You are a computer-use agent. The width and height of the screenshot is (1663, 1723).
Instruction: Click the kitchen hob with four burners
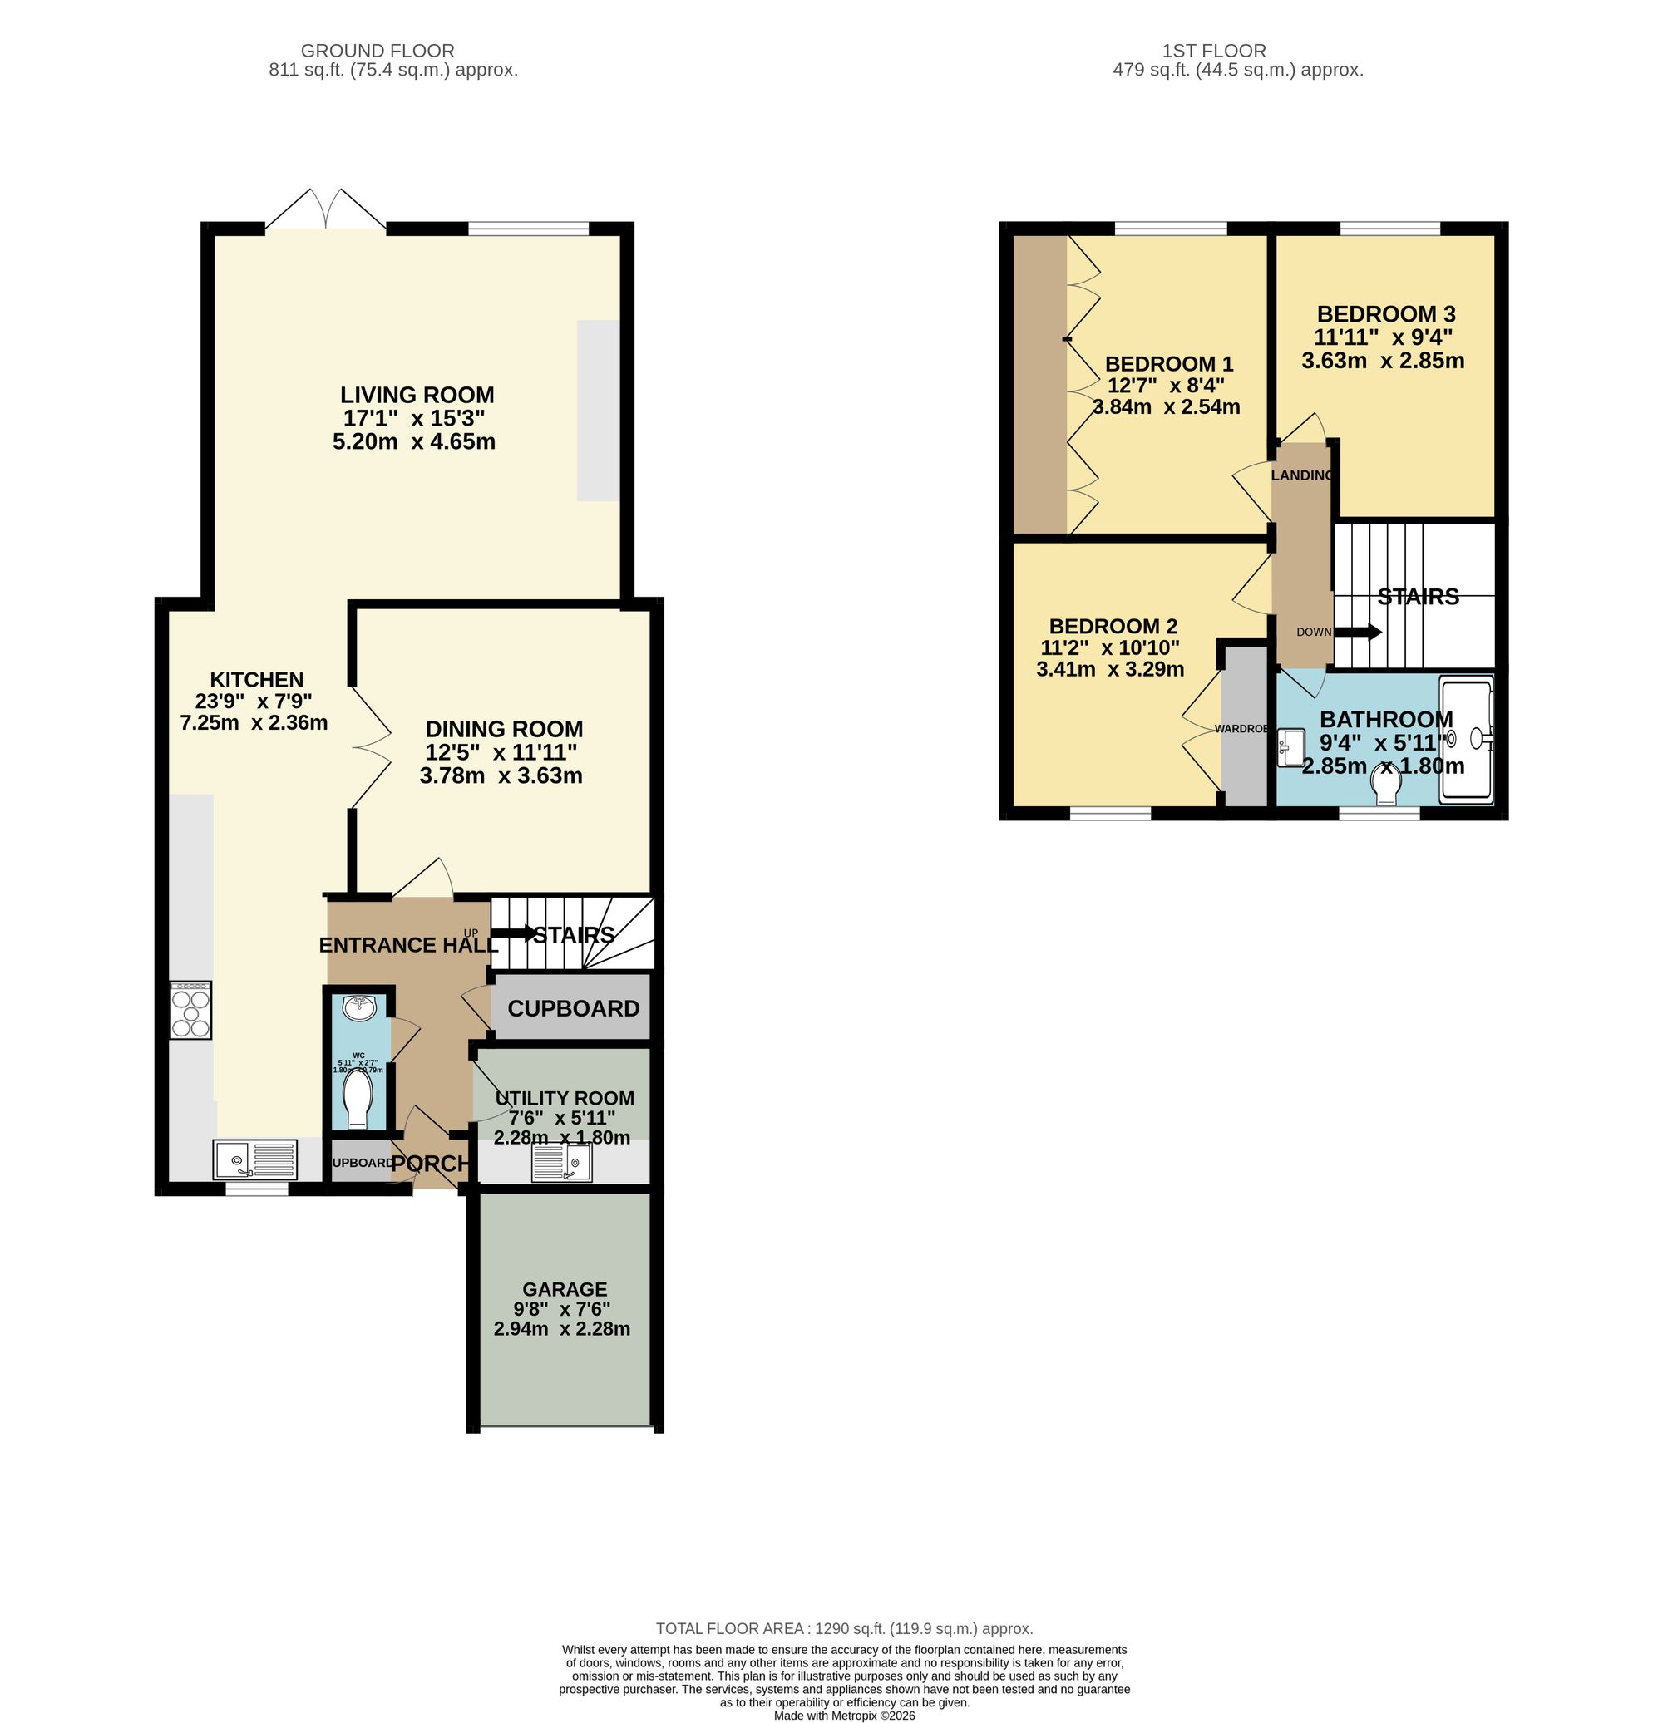pyautogui.click(x=191, y=1010)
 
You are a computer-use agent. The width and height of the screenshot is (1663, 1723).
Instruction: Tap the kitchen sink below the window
pyautogui.click(x=254, y=1159)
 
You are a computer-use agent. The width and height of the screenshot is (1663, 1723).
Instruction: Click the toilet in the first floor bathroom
pyautogui.click(x=1386, y=783)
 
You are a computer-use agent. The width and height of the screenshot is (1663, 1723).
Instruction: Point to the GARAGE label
pyautogui.click(x=565, y=1289)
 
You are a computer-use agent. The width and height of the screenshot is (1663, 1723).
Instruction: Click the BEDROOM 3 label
pyautogui.click(x=1385, y=314)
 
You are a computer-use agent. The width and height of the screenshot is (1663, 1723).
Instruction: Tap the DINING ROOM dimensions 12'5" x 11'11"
pyautogui.click(x=501, y=752)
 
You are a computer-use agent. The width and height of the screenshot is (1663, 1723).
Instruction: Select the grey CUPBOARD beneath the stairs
pyautogui.click(x=573, y=1008)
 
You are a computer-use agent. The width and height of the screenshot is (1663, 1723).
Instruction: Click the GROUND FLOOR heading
pyautogui.click(x=378, y=51)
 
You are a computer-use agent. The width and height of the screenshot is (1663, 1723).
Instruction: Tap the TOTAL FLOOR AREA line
pyautogui.click(x=843, y=1629)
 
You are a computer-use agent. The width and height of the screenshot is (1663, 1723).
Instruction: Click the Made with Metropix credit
pyautogui.click(x=843, y=1715)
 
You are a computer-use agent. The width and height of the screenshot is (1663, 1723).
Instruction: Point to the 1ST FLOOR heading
pyautogui.click(x=1214, y=51)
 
